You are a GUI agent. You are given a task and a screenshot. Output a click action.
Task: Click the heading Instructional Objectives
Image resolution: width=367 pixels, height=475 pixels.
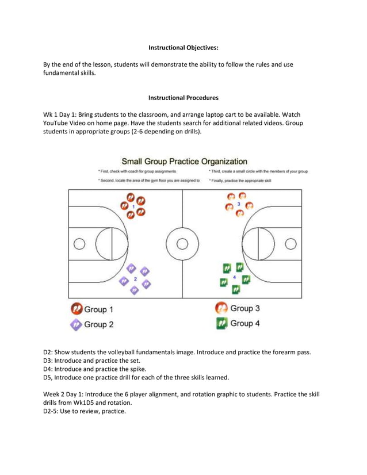pos(183,48)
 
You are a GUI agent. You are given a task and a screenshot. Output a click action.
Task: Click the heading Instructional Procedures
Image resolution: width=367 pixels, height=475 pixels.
pos(183,98)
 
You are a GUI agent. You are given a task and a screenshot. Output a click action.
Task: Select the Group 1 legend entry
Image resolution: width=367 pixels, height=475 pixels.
pos(91,310)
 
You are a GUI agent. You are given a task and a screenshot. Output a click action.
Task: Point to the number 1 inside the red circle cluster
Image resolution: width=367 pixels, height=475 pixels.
pos(133,206)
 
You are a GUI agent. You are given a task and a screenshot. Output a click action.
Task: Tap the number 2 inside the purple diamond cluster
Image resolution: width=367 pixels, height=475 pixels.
pos(136,278)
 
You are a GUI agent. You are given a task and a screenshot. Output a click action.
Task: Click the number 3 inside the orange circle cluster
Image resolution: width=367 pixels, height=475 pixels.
pos(239,204)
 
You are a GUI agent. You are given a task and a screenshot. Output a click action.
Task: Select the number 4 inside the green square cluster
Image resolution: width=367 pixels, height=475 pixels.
pos(235,277)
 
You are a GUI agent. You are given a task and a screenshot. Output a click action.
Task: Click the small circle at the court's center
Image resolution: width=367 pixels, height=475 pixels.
pos(182,244)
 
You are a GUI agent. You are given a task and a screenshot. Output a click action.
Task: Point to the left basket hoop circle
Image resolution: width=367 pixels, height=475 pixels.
pos(80,244)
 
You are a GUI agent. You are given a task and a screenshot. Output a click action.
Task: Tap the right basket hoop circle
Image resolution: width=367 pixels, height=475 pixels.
pos(290,244)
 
